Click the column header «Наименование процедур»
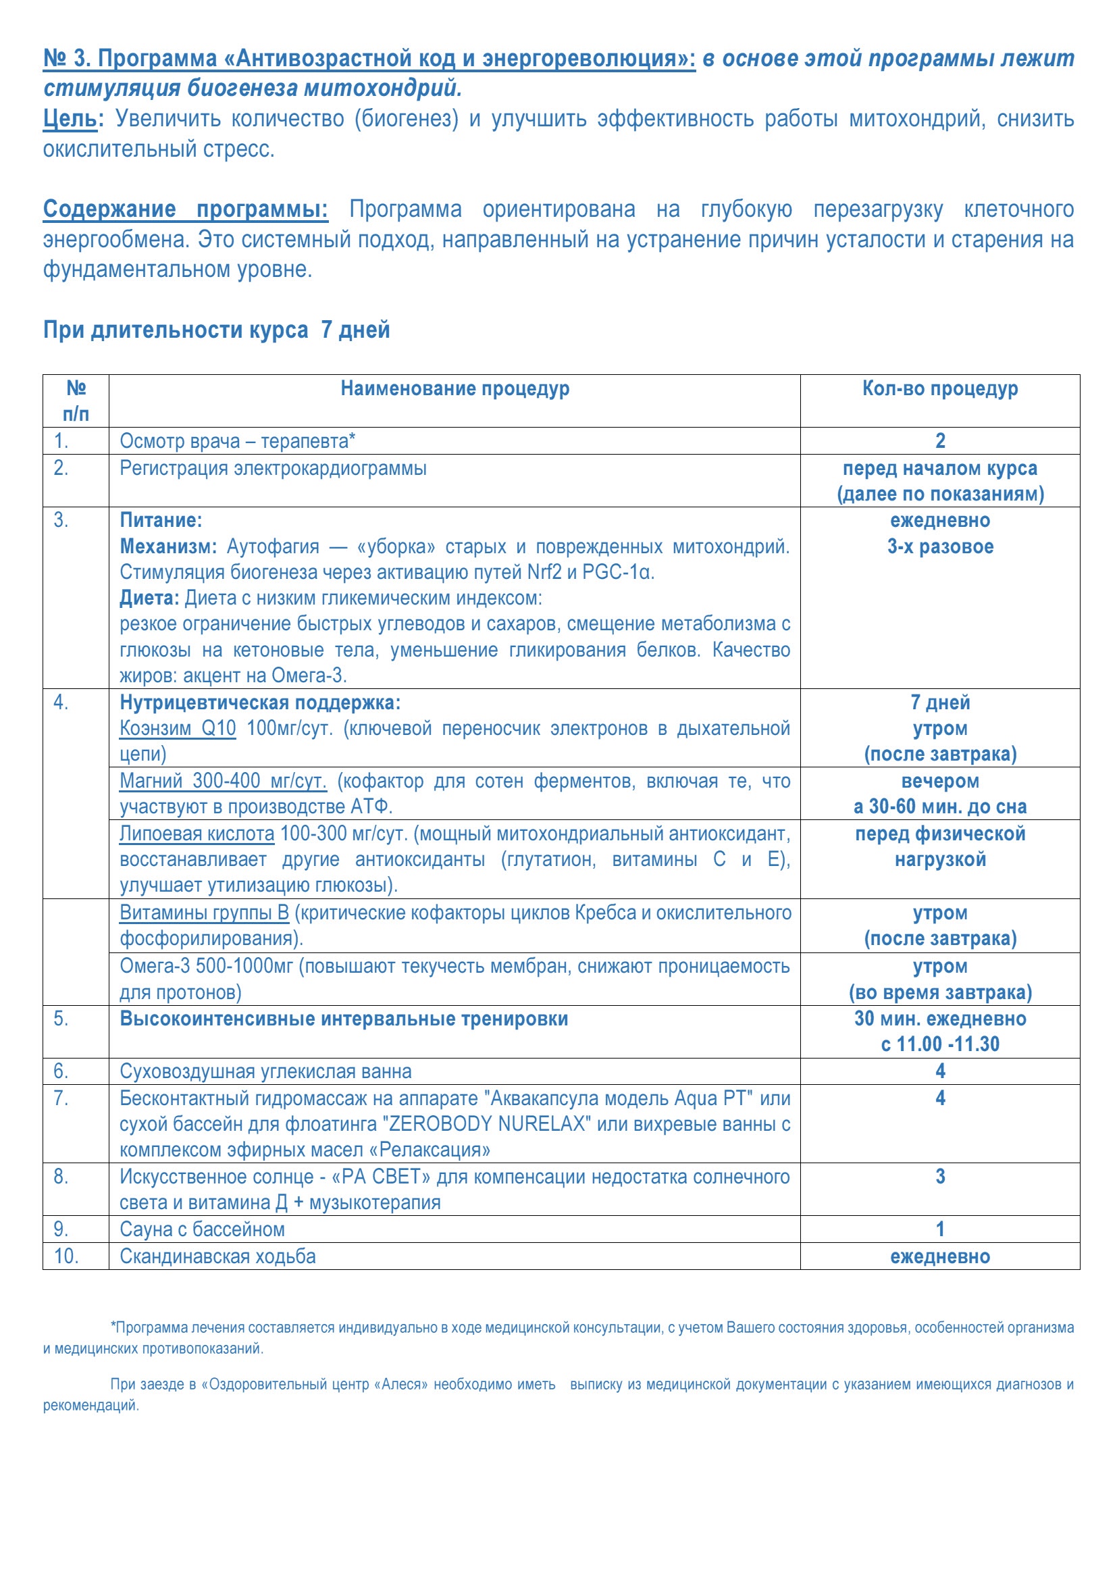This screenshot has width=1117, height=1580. (x=454, y=389)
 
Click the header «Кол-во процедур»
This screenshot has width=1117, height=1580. (x=939, y=389)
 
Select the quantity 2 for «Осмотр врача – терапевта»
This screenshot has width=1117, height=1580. (x=939, y=440)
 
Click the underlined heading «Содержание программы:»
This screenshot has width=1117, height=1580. (x=185, y=209)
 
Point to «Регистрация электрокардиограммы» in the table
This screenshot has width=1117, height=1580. (x=273, y=469)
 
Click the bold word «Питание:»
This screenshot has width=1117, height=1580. (x=161, y=520)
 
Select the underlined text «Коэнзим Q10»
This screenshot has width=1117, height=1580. (x=178, y=728)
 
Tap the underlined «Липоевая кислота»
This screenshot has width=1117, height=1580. (x=197, y=834)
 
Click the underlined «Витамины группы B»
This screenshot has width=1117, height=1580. (x=204, y=913)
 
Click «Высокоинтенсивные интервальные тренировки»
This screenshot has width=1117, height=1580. (x=344, y=1019)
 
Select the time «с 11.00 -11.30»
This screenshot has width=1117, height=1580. (x=939, y=1044)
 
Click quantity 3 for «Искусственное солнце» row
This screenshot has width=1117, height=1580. (x=939, y=1176)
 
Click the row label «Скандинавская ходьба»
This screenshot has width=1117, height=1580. (x=217, y=1256)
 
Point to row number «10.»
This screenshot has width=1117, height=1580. (x=66, y=1256)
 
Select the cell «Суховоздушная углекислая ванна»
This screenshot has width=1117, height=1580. (x=265, y=1071)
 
